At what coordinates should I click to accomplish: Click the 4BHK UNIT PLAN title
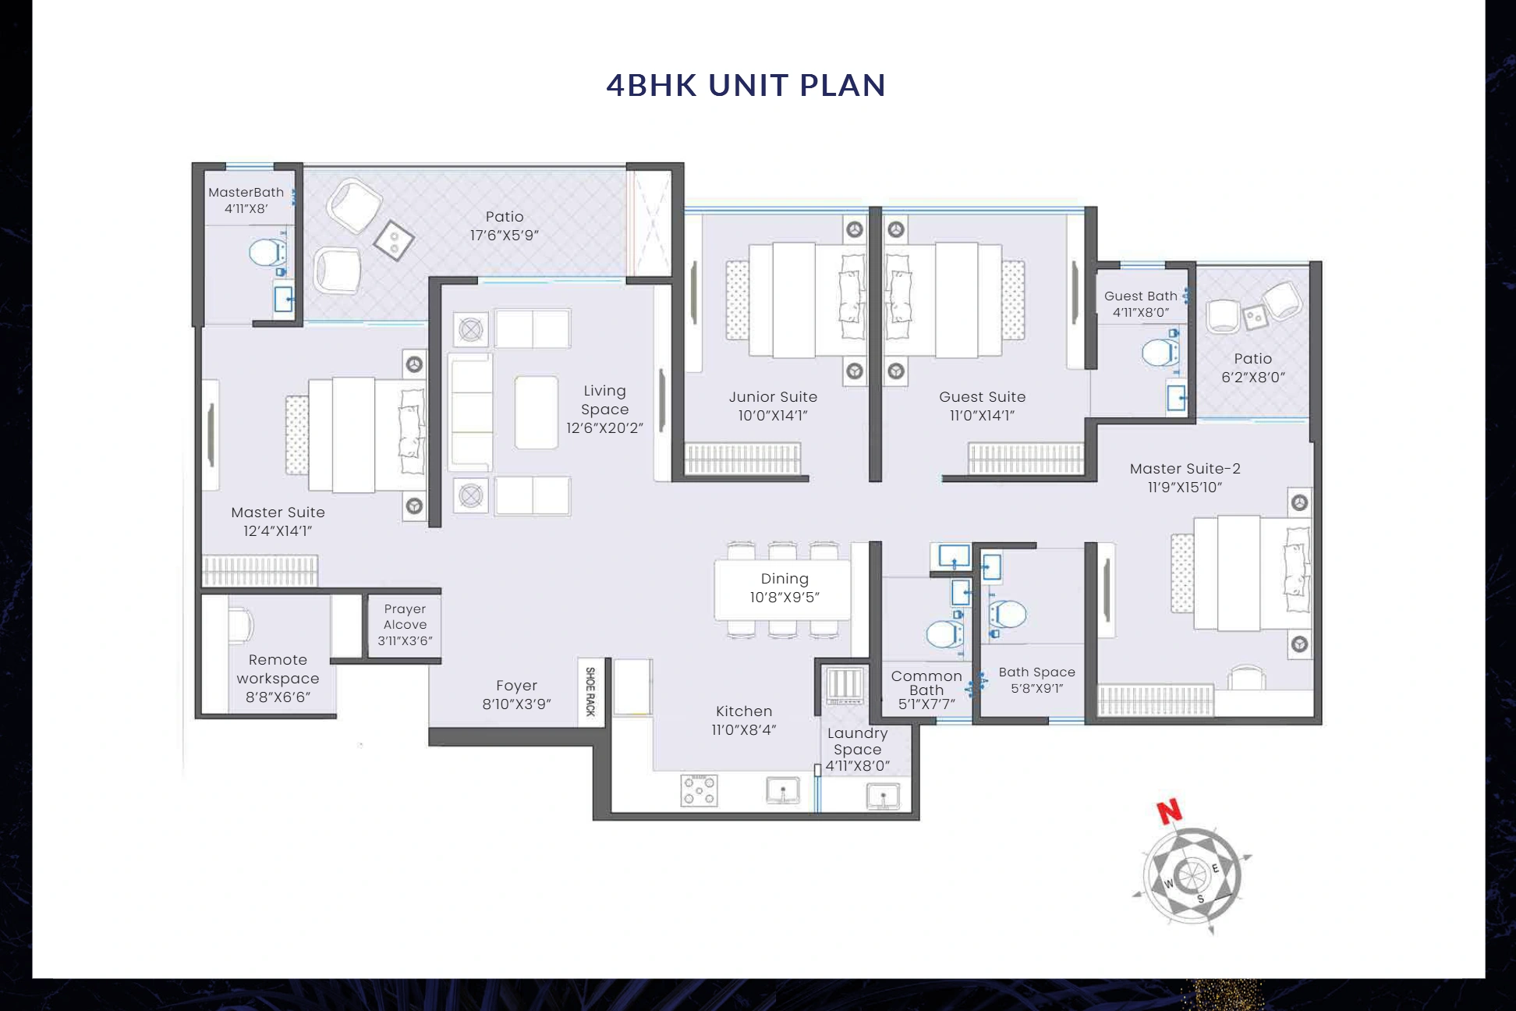click(746, 85)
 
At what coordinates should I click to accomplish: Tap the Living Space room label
click(604, 399)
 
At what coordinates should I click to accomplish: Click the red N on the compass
click(1169, 812)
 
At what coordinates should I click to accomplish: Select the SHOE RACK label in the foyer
click(590, 692)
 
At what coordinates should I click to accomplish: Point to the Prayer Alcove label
click(405, 616)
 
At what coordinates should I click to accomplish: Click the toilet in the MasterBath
click(265, 253)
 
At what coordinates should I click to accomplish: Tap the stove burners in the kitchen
click(700, 790)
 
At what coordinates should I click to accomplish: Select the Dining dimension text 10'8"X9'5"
click(785, 598)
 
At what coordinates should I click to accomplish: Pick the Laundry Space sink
click(883, 797)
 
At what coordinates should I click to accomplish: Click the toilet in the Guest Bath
click(1159, 353)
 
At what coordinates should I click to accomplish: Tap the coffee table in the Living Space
click(537, 412)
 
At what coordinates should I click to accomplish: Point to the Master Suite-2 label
click(1185, 469)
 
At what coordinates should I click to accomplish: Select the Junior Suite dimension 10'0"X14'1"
click(773, 416)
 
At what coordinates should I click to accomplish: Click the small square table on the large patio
click(394, 240)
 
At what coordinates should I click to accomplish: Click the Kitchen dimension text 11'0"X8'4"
click(743, 730)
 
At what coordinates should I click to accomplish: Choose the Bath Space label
click(1036, 672)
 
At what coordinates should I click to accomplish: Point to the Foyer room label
click(516, 686)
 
